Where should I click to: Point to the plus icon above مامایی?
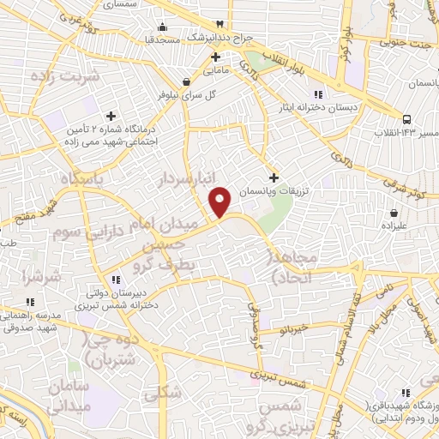216,57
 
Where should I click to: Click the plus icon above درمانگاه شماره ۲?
111,115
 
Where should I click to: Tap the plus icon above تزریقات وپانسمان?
274,177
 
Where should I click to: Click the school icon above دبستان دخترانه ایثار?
317,93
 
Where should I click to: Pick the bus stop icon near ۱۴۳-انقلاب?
405,120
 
